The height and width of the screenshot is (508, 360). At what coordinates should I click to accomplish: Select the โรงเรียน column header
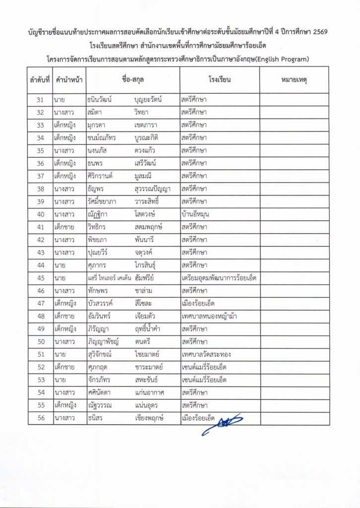point(219,79)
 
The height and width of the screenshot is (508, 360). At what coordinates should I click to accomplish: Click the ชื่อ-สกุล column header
point(133,79)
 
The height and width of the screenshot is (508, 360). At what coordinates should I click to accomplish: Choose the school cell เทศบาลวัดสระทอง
point(206,355)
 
